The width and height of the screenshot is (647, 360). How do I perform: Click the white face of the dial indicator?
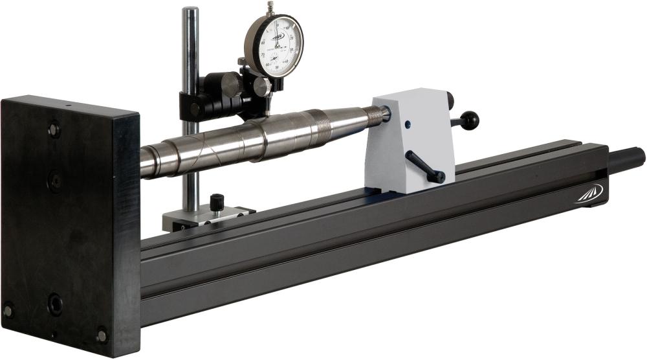click(277, 45)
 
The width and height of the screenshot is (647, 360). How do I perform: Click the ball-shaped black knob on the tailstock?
click(471, 120)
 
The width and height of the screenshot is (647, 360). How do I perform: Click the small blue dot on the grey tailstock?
click(408, 125)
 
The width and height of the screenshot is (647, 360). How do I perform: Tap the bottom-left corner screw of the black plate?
click(8, 311)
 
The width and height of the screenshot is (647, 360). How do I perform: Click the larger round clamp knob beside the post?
click(230, 85)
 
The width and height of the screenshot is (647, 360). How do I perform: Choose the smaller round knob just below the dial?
click(261, 87)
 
